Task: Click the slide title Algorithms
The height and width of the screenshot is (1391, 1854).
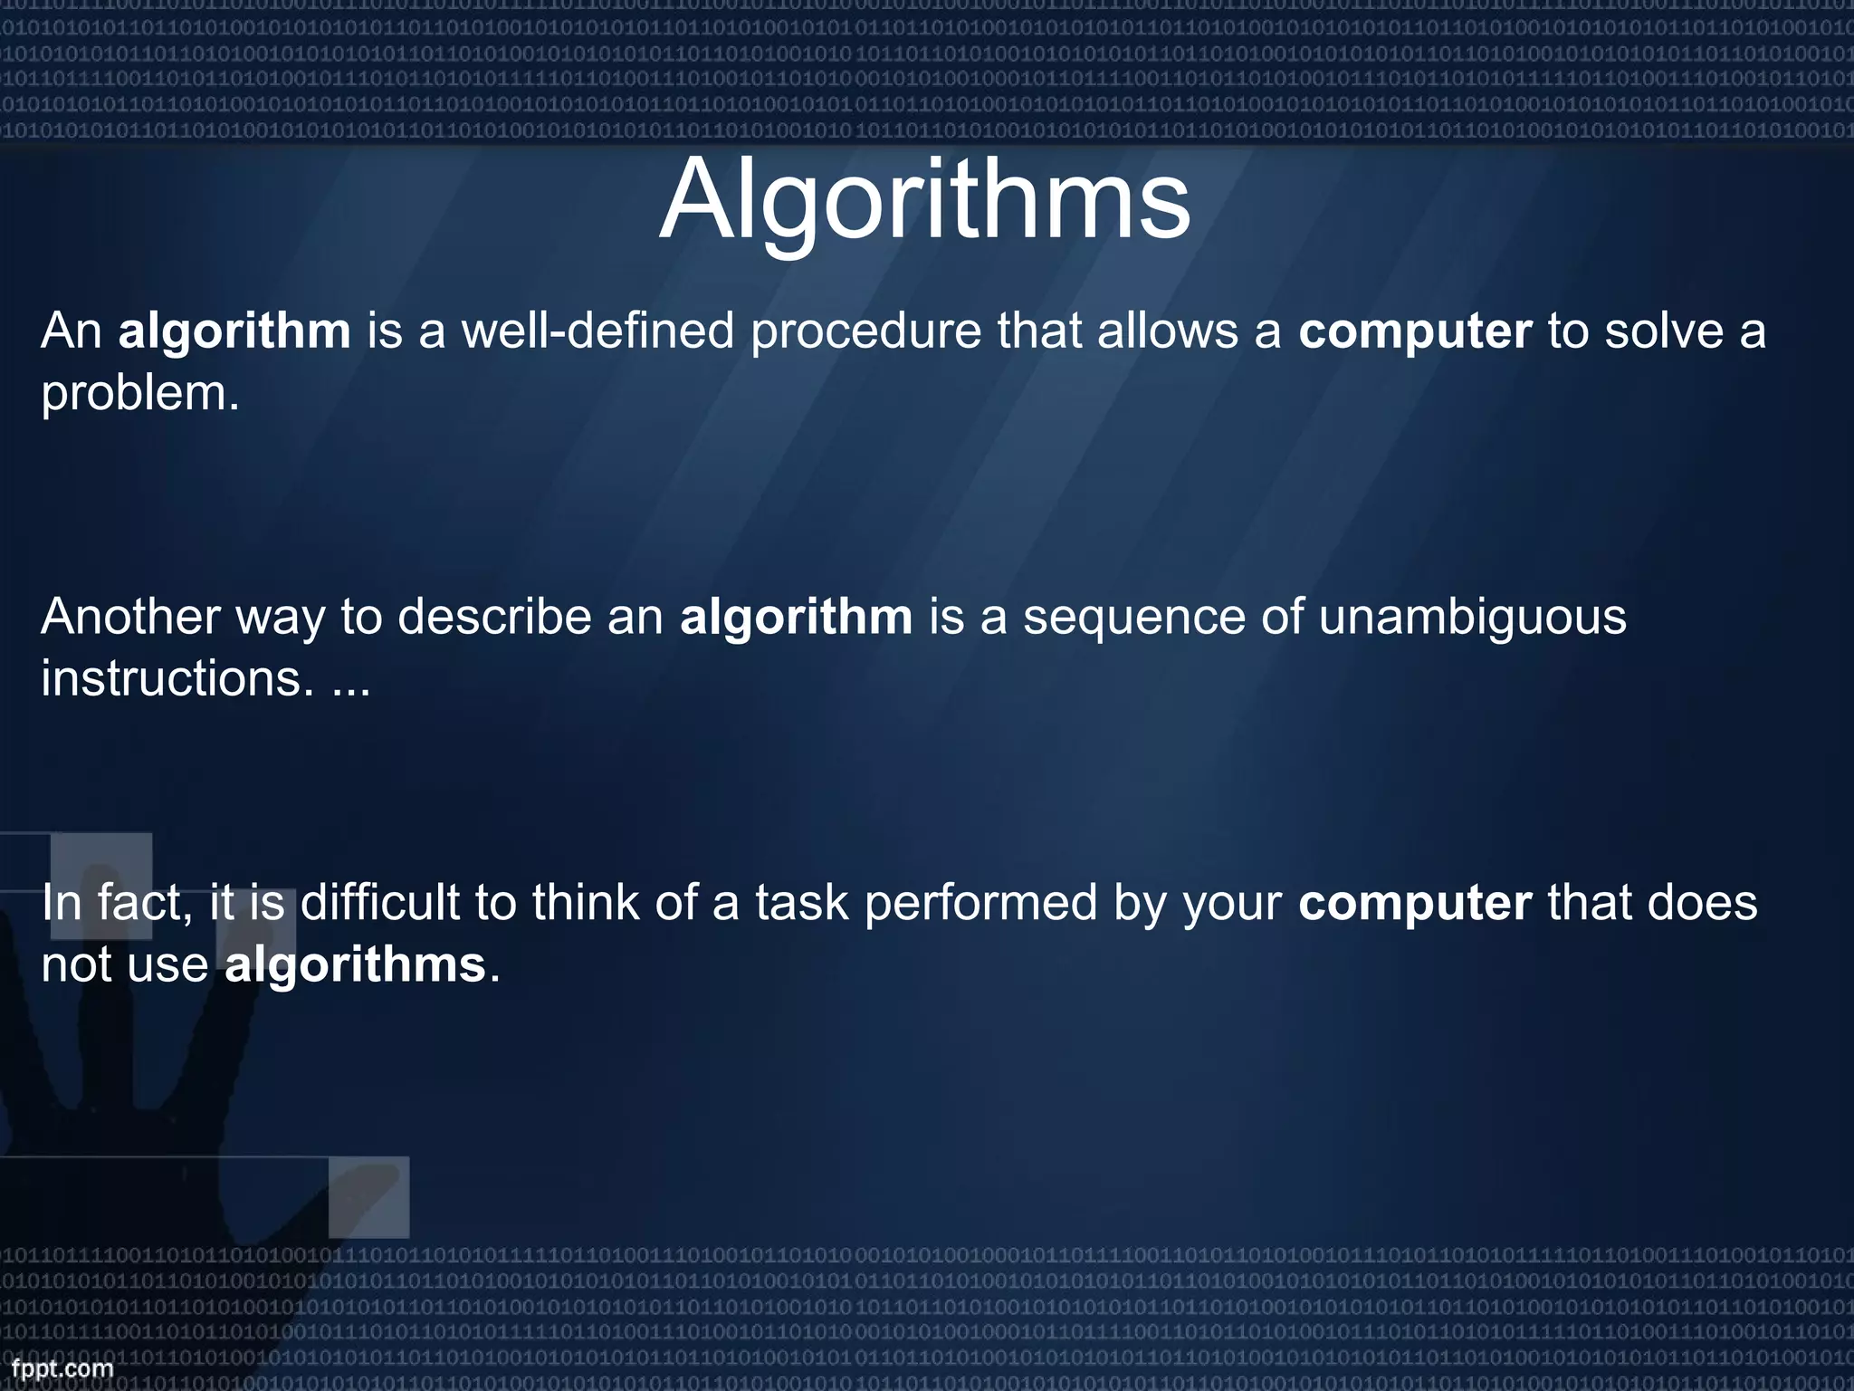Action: coord(924,201)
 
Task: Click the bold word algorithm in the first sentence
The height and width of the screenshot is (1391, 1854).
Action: coord(234,331)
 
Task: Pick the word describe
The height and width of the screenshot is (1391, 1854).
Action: coord(494,618)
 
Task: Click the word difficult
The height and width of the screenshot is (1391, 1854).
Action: coord(380,903)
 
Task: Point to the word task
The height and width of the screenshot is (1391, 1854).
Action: coord(802,903)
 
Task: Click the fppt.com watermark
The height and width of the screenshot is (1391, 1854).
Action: coord(62,1368)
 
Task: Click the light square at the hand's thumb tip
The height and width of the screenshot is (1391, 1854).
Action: coord(368,1197)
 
